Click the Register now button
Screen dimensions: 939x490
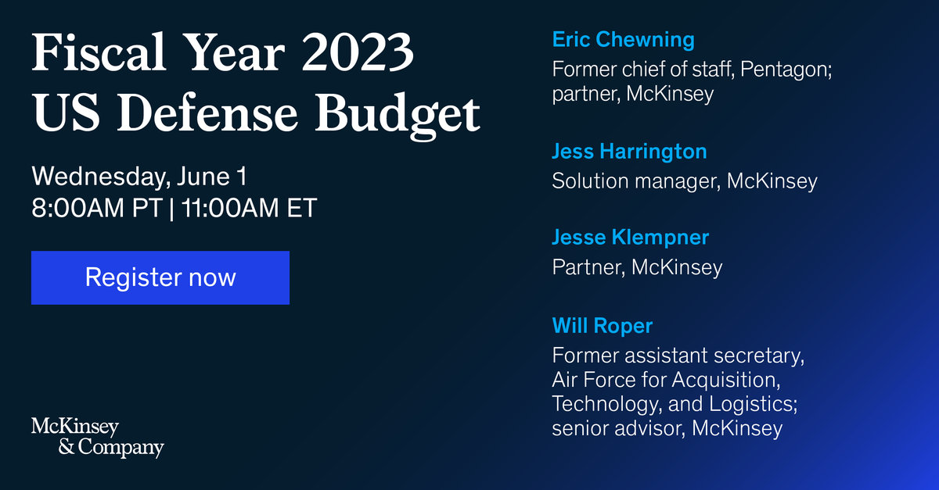point(160,277)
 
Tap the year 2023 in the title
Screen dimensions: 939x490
point(358,53)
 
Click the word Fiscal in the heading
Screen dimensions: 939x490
point(99,53)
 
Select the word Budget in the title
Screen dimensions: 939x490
point(398,114)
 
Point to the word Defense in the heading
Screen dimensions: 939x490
point(207,113)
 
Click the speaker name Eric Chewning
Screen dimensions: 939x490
point(624,40)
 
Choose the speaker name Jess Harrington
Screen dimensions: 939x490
point(629,152)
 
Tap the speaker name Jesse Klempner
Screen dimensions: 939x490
point(631,238)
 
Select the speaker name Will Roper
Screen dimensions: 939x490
point(603,326)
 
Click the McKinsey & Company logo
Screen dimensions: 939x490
point(98,437)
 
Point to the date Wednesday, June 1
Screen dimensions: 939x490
point(139,177)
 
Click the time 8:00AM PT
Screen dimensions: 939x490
point(97,208)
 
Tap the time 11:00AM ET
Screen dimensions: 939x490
point(249,208)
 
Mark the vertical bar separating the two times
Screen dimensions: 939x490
point(172,209)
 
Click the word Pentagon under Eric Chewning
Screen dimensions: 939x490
point(783,70)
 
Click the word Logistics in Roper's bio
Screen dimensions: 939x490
point(750,405)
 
